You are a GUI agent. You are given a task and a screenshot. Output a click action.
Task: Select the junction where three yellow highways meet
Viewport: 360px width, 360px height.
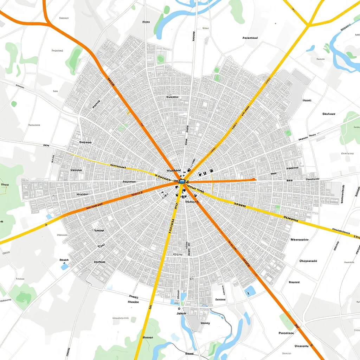(x=308, y=25)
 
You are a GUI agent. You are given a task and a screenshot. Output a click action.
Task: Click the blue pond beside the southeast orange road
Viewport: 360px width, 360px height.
(x=250, y=291)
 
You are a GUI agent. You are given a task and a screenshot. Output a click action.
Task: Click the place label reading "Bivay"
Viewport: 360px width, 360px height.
(x=205, y=323)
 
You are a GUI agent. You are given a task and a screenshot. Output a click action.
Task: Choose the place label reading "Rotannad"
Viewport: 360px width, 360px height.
(x=250, y=38)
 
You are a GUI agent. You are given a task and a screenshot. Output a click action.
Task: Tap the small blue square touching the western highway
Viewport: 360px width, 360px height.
(x=49, y=217)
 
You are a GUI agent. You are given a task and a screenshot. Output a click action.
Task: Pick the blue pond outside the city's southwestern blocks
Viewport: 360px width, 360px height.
(x=64, y=266)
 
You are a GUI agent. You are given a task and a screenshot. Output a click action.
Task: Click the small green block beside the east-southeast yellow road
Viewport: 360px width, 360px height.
(x=278, y=207)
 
